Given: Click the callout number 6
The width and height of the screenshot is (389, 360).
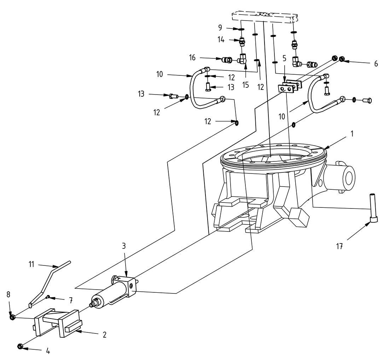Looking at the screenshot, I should pyautogui.click(x=376, y=64).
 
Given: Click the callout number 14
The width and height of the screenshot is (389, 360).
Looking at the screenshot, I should pyautogui.click(x=221, y=40).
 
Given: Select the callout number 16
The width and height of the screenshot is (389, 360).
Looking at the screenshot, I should pyautogui.click(x=202, y=57).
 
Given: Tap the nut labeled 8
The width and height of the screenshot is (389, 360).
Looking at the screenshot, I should pyautogui.click(x=12, y=316).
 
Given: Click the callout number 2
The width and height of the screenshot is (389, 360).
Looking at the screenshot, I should pyautogui.click(x=104, y=335).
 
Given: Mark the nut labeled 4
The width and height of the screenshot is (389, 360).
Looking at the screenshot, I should pyautogui.click(x=21, y=346).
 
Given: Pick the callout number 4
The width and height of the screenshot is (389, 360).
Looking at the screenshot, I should pyautogui.click(x=47, y=352).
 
